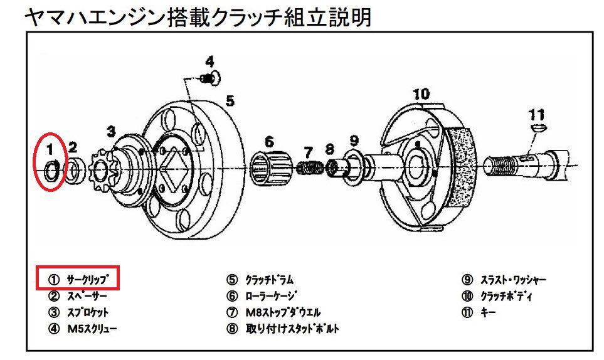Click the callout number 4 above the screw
pos(209,61)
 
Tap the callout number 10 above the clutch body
pos(421,94)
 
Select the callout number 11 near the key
pos(536,115)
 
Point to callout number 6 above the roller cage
pos(269,140)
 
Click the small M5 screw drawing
pos(211,77)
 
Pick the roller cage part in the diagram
pos(270,166)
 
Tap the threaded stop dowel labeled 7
pos(309,168)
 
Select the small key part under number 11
pos(537,127)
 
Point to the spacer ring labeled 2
pos(73,169)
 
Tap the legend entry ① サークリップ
pos(78,279)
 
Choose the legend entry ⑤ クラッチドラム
pos(260,280)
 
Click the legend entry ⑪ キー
pos(478,312)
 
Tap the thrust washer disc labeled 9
pos(353,166)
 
